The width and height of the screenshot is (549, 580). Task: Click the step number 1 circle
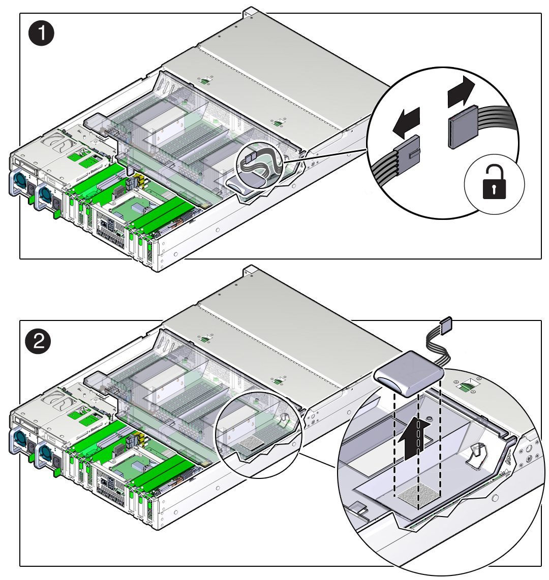[x=40, y=35]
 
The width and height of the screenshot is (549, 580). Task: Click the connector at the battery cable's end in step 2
[x=446, y=324]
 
